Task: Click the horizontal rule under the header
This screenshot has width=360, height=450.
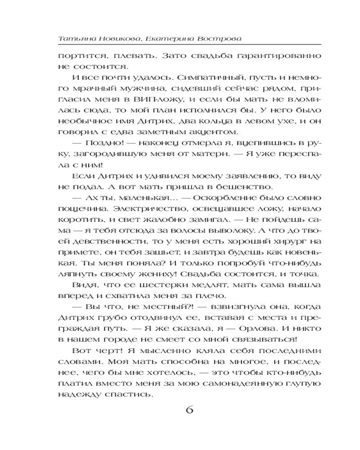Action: click(x=189, y=45)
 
